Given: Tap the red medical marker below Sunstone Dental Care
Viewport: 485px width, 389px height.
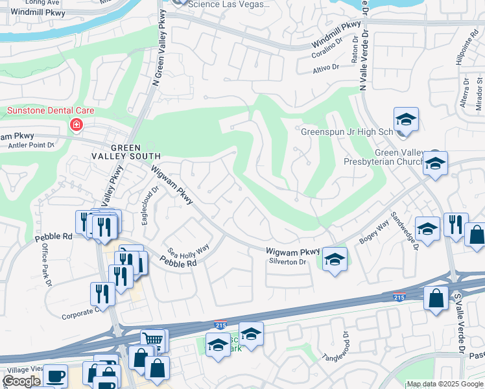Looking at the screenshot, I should click(x=77, y=124).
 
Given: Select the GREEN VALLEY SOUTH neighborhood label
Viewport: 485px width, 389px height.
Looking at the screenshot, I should click(x=126, y=152).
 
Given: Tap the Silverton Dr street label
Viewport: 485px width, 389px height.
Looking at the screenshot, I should click(x=287, y=262).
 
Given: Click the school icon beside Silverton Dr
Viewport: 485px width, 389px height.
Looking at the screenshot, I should click(x=334, y=259).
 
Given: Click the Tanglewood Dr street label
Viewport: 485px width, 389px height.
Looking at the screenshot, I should click(x=341, y=351).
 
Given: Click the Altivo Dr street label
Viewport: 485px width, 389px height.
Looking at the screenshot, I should click(x=326, y=67).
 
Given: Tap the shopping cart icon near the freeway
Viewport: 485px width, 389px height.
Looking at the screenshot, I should click(x=154, y=338).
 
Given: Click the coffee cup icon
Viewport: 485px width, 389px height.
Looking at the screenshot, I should click(x=55, y=375).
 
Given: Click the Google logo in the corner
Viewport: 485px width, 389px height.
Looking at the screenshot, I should click(x=22, y=381).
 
